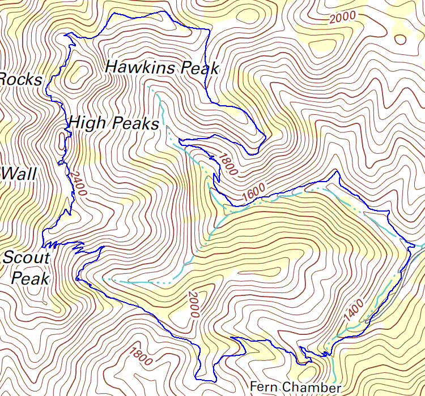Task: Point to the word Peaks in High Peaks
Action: tap(136, 123)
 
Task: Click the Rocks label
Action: tap(20, 79)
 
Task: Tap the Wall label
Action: tap(18, 173)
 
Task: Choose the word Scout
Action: tap(26, 258)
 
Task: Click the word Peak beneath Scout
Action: tap(31, 278)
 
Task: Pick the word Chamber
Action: tap(312, 387)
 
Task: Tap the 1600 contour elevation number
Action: tap(253, 193)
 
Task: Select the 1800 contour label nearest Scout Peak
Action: tap(140, 355)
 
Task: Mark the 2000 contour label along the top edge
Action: tap(342, 18)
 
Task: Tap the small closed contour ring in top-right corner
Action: tap(401, 39)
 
